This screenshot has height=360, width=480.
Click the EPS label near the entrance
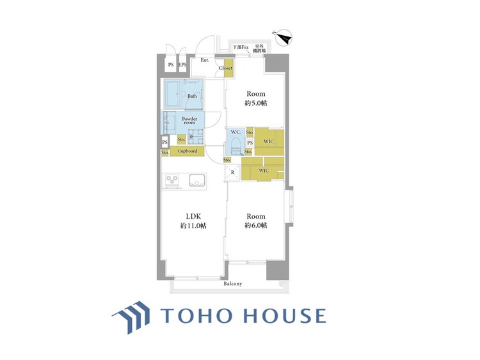click(x=182, y=65)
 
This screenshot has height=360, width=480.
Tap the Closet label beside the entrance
click(x=225, y=68)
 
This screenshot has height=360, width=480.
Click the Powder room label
click(x=189, y=121)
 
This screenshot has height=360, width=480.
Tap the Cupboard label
click(x=187, y=151)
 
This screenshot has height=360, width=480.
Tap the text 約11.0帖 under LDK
click(x=193, y=226)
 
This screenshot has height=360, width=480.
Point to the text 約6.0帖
click(x=255, y=226)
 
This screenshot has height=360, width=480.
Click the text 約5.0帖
click(x=255, y=104)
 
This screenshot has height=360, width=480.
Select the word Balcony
click(x=232, y=284)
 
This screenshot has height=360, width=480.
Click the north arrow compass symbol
click(x=284, y=38)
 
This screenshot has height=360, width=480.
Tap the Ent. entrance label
click(x=205, y=60)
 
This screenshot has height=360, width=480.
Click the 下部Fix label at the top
click(x=240, y=47)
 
